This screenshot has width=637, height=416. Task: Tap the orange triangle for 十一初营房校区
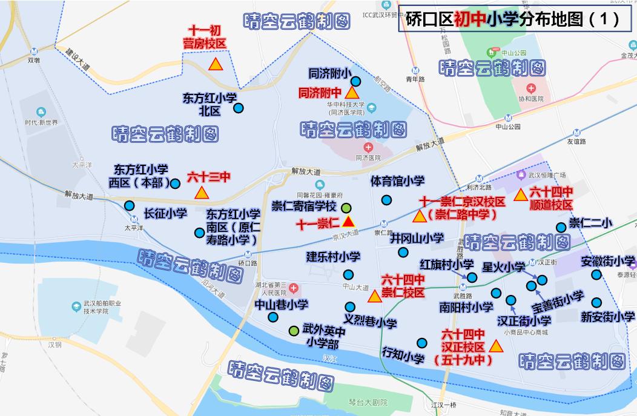point(214,64)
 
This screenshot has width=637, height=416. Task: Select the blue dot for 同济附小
point(355,81)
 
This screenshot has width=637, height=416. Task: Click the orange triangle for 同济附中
point(351,94)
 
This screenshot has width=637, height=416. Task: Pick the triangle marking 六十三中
point(201,193)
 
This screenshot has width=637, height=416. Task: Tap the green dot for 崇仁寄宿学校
point(346,208)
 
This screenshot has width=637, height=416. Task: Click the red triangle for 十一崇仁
point(348,222)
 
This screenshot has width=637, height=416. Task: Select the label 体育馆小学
point(397,181)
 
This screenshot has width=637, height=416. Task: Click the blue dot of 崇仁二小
point(561,227)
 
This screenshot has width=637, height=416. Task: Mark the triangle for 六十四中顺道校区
point(520,195)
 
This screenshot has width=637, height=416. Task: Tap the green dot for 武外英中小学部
point(294,331)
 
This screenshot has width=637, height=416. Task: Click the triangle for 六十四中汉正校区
point(495,346)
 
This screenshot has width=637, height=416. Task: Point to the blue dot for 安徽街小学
point(597,275)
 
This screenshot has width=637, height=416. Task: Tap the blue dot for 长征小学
point(130,206)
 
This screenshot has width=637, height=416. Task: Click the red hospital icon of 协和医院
point(530,87)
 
